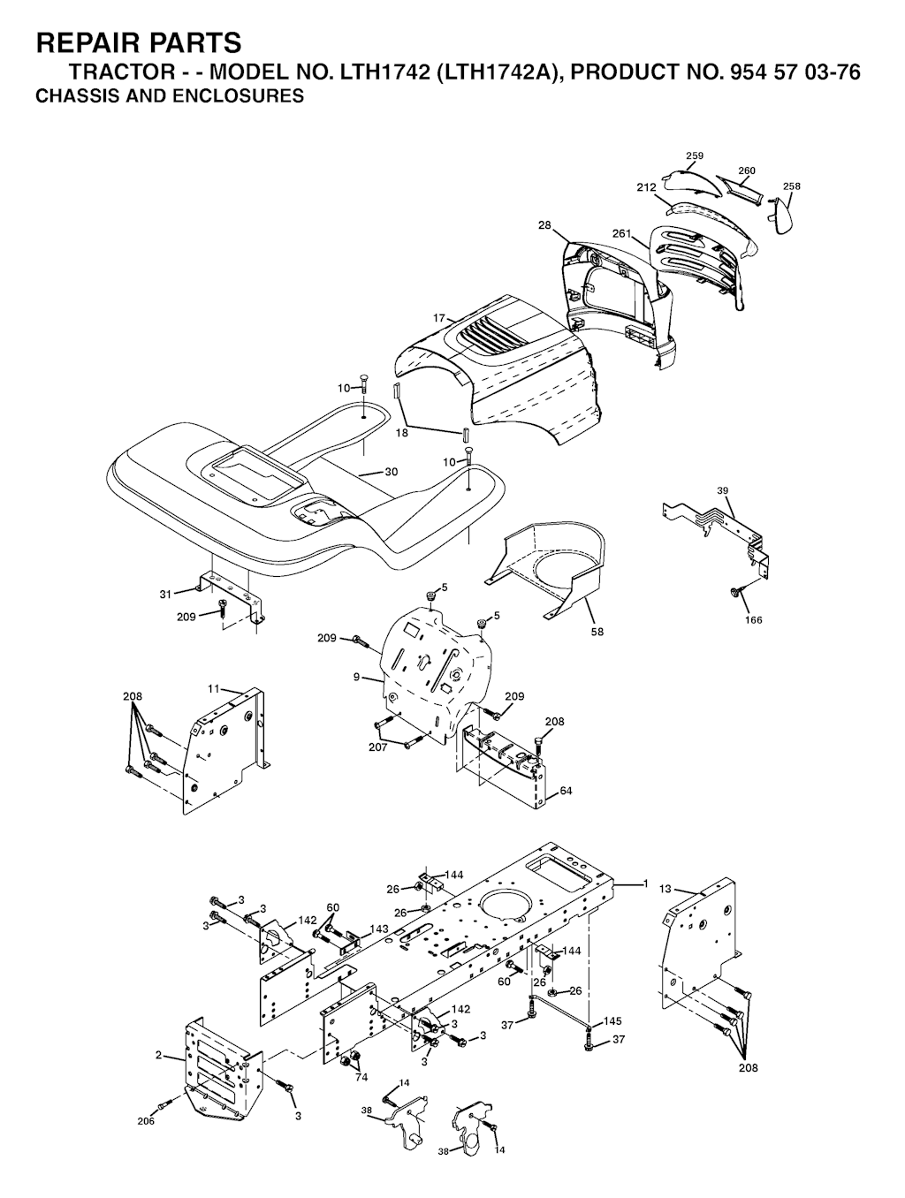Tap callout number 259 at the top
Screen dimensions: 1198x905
[x=695, y=156]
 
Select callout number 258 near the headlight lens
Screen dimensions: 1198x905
[x=791, y=186]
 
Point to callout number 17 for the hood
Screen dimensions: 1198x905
[x=439, y=317]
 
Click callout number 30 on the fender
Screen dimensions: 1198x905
[x=392, y=472]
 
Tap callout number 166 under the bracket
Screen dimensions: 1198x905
[x=752, y=620]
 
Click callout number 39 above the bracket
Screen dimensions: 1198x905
[x=723, y=490]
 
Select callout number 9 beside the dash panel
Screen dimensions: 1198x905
[x=356, y=678]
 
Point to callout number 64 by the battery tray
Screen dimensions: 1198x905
[x=566, y=791]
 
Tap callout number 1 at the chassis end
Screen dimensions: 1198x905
[x=645, y=883]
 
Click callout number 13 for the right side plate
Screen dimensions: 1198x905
[x=665, y=889]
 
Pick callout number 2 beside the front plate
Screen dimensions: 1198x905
[x=158, y=1055]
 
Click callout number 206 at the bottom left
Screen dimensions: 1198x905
[x=146, y=1121]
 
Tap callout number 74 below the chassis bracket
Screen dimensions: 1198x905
[x=361, y=1077]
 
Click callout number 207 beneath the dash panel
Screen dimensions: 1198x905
[x=377, y=747]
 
